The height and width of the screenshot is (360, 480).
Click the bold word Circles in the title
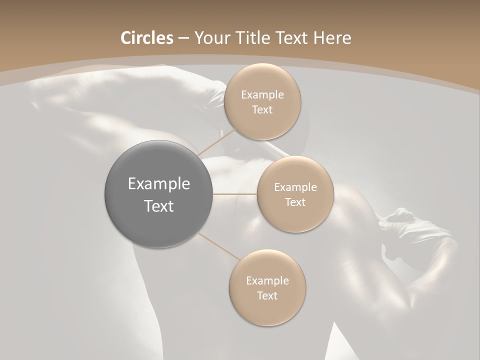146,38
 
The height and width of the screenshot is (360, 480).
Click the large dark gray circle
158,194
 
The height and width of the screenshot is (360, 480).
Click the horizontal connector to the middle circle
234,193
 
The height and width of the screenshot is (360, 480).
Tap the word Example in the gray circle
158,184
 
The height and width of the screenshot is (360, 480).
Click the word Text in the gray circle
158,206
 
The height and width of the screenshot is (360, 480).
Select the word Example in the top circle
262,95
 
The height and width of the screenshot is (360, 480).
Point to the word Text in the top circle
262,110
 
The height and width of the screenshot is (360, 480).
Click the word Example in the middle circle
295,187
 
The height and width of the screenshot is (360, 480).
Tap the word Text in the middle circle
295,202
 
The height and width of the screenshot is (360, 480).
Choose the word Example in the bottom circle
267,281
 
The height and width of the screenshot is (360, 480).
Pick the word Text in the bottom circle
267,296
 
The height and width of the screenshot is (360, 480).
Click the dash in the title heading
183,38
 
